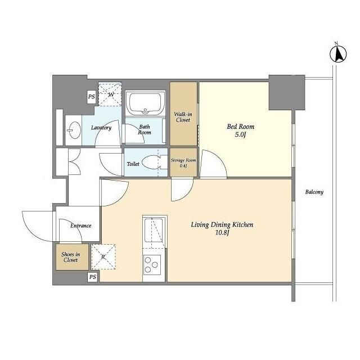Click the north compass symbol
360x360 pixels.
coord(338,54)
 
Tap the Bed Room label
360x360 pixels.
coord(241,127)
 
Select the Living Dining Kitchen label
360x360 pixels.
coord(222,225)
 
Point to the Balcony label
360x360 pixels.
coord(314,192)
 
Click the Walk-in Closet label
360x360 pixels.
coord(183,117)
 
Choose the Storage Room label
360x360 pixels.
coord(183,160)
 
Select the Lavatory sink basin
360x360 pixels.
coord(74,130)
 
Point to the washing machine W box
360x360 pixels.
coord(110,94)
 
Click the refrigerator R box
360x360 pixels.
coord(103,256)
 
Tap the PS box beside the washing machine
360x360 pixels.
coord(91,97)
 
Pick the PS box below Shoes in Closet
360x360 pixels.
coord(92,277)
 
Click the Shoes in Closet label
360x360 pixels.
coord(71,257)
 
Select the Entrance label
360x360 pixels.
coord(81,226)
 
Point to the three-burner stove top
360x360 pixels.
coord(152,265)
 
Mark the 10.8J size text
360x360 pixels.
coord(222,233)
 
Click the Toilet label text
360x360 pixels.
coord(133,164)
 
